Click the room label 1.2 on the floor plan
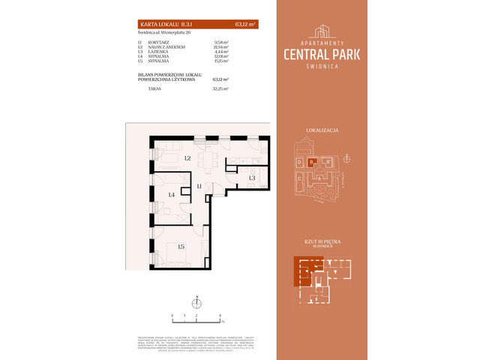(187, 159)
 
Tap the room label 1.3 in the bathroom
(252, 178)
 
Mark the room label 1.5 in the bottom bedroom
(181, 246)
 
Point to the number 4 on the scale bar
(220, 316)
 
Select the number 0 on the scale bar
(172, 316)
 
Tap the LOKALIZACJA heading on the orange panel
(322, 130)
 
